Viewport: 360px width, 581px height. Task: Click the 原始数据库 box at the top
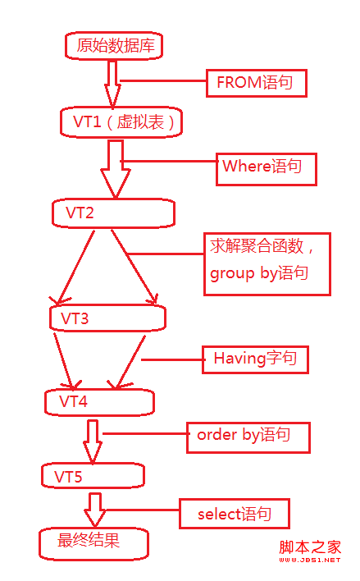point(114,46)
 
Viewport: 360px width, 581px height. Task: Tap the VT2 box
point(113,213)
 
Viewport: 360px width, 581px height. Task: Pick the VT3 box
point(107,318)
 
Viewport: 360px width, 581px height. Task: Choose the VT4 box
point(100,401)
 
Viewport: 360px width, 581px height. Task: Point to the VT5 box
point(93,475)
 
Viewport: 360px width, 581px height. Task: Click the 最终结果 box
point(93,542)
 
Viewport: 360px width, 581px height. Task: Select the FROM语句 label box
point(248,83)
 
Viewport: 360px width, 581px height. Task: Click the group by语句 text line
point(259,273)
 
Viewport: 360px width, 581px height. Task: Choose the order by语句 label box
point(248,436)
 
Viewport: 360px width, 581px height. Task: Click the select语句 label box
point(233,514)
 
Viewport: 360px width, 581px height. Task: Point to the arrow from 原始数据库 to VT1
point(112,83)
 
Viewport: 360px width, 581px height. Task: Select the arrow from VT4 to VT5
point(93,441)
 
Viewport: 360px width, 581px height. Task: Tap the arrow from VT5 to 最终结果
point(95,510)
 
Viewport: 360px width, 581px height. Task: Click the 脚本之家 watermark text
point(309,547)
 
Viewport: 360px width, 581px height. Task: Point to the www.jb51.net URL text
point(309,560)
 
